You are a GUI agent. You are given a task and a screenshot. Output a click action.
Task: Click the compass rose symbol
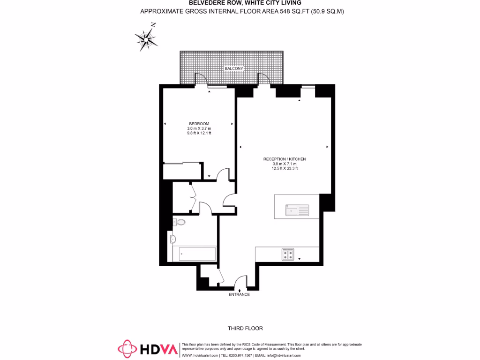tap(146, 37)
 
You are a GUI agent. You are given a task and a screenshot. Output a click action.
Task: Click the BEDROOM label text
tap(199, 124)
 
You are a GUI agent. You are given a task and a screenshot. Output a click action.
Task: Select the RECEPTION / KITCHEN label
tap(285, 159)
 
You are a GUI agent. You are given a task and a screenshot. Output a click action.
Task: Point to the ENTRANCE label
tap(239, 295)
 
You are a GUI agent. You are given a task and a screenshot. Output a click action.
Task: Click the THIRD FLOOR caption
tap(242, 329)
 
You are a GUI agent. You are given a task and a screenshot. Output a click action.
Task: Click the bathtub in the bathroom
tap(195, 255)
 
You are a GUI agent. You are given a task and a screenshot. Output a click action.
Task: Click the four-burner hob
tap(288, 255)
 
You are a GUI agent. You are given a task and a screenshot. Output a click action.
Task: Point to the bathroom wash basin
tap(173, 239)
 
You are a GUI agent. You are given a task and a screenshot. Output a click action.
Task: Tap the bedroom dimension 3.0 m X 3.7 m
tap(199, 128)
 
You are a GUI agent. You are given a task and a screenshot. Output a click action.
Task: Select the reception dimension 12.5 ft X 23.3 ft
tap(285, 168)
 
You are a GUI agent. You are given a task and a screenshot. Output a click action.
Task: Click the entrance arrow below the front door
tap(240, 291)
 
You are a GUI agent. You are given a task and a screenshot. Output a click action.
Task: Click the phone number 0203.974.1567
tap(240, 355)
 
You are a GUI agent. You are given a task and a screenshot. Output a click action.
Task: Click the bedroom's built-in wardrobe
tap(183, 172)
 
